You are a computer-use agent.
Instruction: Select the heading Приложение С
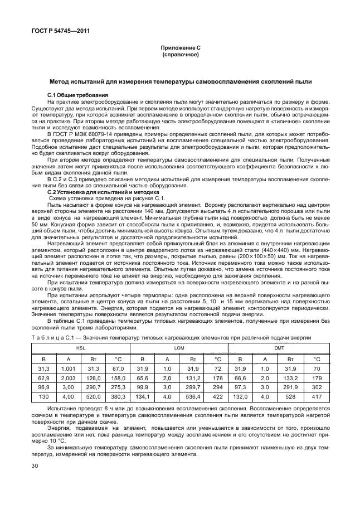180,50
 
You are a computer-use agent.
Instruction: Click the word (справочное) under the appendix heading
180,56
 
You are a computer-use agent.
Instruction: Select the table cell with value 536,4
193,396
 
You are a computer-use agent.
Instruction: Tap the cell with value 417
317,396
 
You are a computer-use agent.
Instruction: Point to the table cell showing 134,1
143,396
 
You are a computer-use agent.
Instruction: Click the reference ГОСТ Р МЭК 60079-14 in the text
84,134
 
